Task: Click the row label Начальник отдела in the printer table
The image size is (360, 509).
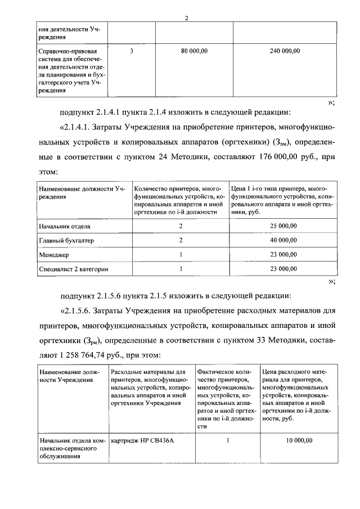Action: [65, 226]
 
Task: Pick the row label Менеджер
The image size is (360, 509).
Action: [53, 254]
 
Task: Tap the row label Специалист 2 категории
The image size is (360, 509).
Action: [73, 269]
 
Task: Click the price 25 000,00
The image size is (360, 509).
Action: [282, 226]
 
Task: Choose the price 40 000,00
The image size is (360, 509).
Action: [282, 240]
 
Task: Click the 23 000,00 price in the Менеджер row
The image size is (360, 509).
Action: [282, 254]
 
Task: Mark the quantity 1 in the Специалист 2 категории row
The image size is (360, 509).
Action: [181, 269]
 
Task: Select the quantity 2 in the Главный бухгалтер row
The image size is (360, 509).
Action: [181, 240]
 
